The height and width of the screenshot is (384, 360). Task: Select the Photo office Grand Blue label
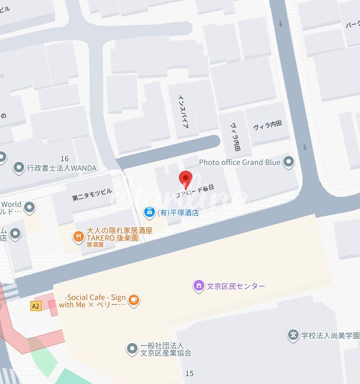tap(239, 162)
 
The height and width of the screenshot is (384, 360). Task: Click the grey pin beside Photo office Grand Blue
tap(289, 162)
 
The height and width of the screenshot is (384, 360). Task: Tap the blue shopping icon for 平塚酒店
tap(149, 212)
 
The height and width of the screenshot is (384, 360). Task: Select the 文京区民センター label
tap(236, 286)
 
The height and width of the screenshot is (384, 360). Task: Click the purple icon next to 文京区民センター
tap(198, 286)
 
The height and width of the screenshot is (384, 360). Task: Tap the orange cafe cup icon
tap(134, 300)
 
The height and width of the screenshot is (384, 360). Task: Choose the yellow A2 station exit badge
tap(36, 306)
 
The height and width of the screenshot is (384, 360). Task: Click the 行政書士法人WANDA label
tap(62, 168)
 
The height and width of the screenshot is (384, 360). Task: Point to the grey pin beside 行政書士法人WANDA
tap(19, 168)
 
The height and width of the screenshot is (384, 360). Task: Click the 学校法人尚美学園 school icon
tap(293, 335)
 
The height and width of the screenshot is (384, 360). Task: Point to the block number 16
tap(65, 159)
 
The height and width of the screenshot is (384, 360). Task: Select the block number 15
tap(189, 373)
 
